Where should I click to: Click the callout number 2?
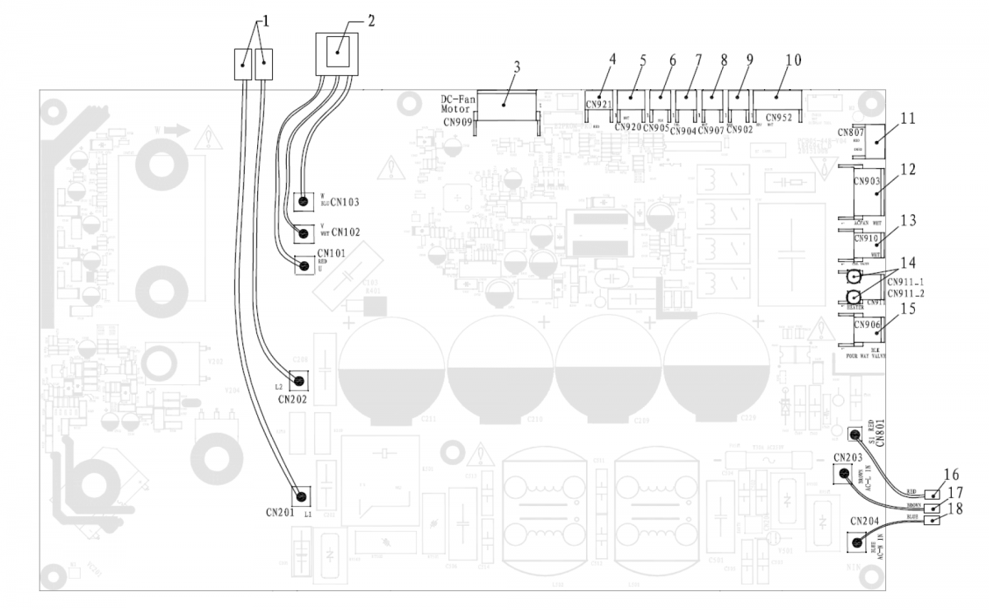click(x=372, y=21)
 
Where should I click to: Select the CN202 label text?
click(x=293, y=400)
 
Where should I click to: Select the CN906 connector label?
click(x=867, y=325)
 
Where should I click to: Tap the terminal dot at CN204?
click(x=857, y=542)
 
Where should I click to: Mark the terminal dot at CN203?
click(x=844, y=473)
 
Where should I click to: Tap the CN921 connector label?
click(x=598, y=105)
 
